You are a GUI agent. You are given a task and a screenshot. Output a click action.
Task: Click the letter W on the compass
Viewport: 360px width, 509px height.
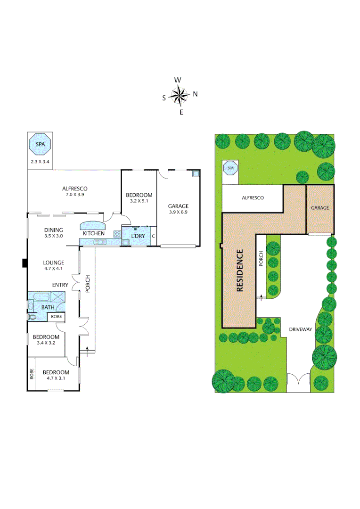178,80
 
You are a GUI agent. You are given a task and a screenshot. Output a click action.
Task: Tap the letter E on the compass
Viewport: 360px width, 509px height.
181,112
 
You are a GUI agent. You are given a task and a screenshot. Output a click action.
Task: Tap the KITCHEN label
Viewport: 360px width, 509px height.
94,234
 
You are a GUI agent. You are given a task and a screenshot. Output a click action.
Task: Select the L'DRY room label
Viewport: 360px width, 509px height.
138,236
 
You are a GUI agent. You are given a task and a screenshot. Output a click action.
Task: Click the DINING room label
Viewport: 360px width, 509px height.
53,230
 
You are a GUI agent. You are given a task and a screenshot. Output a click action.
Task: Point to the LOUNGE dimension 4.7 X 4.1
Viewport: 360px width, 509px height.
53,269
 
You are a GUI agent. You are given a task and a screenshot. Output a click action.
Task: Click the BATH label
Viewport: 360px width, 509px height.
48,308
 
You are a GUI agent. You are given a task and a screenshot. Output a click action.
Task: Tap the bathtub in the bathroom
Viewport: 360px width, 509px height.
41,296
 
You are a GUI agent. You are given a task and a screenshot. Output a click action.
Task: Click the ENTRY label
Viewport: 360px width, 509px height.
60,285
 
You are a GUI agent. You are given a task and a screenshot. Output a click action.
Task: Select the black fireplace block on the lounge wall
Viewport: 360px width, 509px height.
25,263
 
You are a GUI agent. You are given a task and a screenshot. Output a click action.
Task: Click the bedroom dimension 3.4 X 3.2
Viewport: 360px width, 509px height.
46,343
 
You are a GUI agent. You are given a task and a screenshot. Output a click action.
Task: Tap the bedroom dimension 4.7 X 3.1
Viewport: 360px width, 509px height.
56,378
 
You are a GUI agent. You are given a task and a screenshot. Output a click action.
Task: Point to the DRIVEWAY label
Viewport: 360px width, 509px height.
301,330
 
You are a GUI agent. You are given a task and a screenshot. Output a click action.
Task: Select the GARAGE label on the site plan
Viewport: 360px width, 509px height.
320,208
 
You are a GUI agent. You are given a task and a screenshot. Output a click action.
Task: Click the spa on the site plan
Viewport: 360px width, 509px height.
230,168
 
